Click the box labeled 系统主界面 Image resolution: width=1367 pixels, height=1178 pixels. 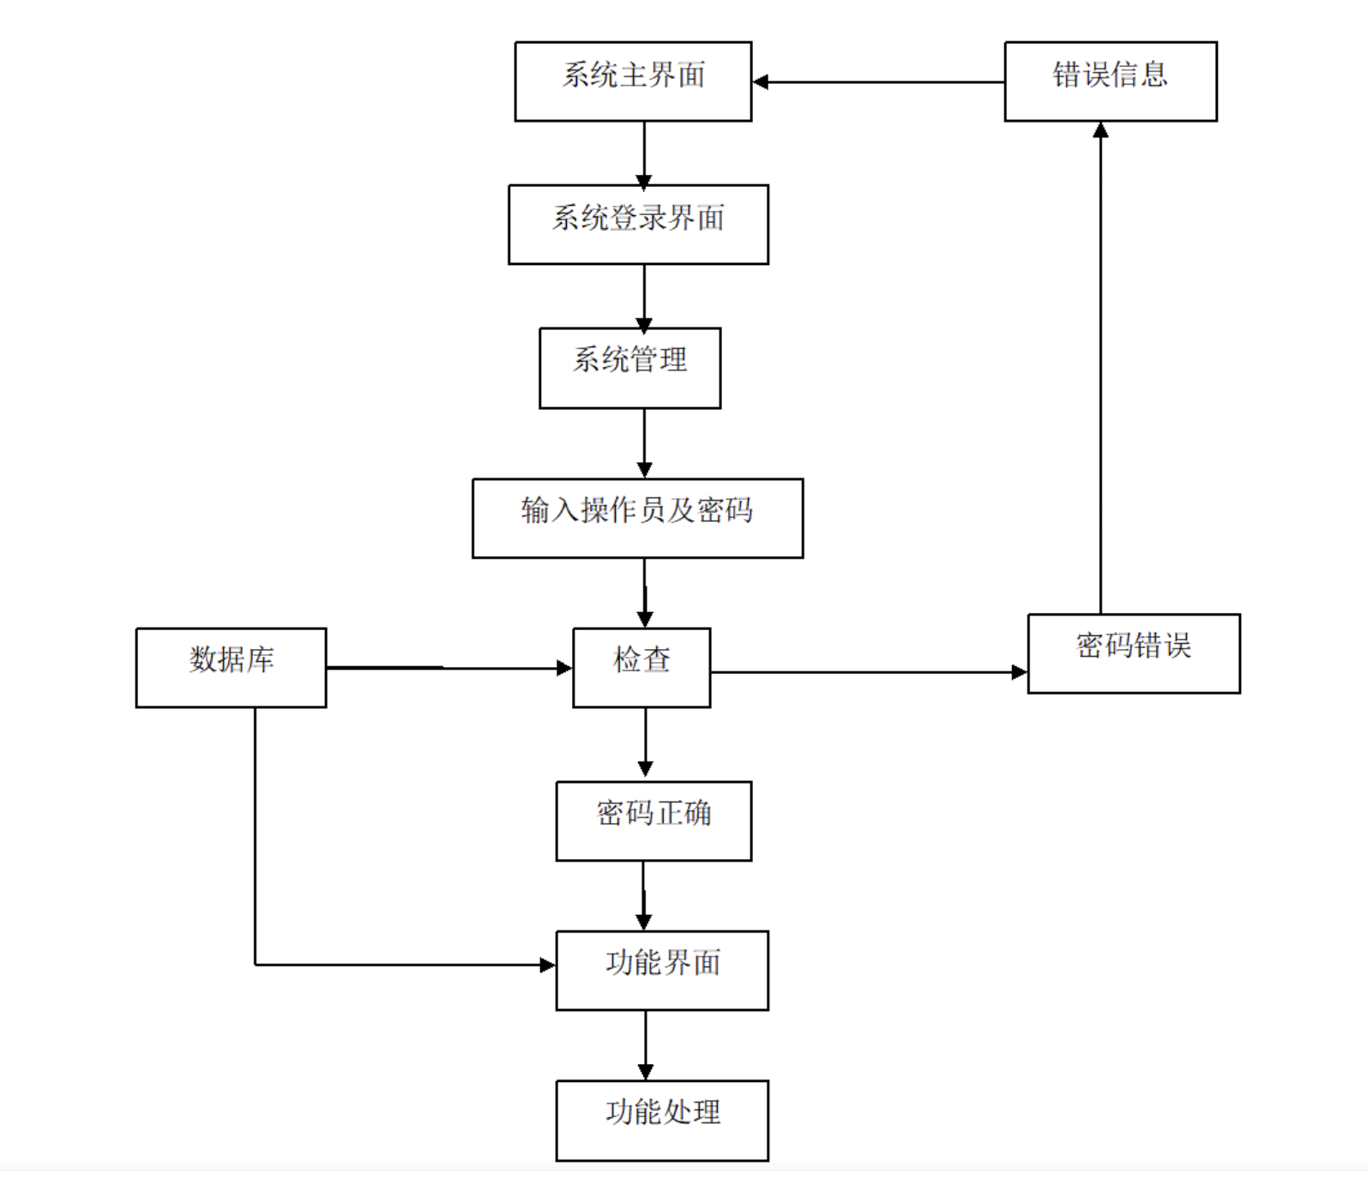tap(633, 81)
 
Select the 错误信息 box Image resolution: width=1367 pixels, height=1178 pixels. tap(1110, 81)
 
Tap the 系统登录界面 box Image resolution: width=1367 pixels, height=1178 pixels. tap(638, 224)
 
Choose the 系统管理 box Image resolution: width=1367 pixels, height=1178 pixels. tap(629, 368)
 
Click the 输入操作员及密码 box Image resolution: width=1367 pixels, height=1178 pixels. tap(637, 518)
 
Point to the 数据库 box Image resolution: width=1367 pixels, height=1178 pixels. tap(231, 667)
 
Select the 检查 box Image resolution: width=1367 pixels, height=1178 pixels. tap(641, 667)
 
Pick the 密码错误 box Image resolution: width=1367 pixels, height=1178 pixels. tap(1133, 652)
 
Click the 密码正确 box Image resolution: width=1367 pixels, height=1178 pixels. tap(653, 820)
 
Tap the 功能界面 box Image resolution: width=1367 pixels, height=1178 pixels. tap(661, 970)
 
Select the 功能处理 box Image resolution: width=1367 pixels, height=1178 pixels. tap(661, 1120)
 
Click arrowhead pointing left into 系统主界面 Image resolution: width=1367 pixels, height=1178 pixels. tap(761, 82)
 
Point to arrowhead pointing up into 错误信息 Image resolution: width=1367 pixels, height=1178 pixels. tap(1100, 130)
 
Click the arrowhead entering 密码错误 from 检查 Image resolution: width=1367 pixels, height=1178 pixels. tap(1019, 672)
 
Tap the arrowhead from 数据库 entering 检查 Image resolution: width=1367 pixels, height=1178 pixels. tap(564, 668)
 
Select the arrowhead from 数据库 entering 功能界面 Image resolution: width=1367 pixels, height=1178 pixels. tap(547, 965)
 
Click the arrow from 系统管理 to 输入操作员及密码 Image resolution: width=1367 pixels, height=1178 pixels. tap(644, 442)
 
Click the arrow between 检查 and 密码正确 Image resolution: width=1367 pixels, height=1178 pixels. tap(645, 742)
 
